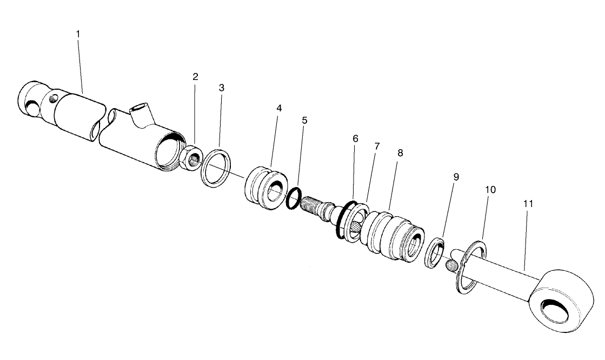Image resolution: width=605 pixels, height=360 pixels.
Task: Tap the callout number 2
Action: tap(195, 77)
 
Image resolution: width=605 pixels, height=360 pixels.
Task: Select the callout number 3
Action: tap(221, 88)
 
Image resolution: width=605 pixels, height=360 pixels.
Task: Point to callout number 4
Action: tap(279, 108)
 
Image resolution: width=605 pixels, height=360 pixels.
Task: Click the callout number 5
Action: tap(304, 120)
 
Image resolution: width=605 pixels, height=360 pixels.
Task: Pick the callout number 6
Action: tap(355, 139)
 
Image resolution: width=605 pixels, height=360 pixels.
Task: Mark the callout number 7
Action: tap(377, 146)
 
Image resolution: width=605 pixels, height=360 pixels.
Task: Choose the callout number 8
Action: tap(400, 153)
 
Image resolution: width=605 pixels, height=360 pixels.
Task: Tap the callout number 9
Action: tap(456, 177)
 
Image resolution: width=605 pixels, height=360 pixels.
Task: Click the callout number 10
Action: tap(490, 190)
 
